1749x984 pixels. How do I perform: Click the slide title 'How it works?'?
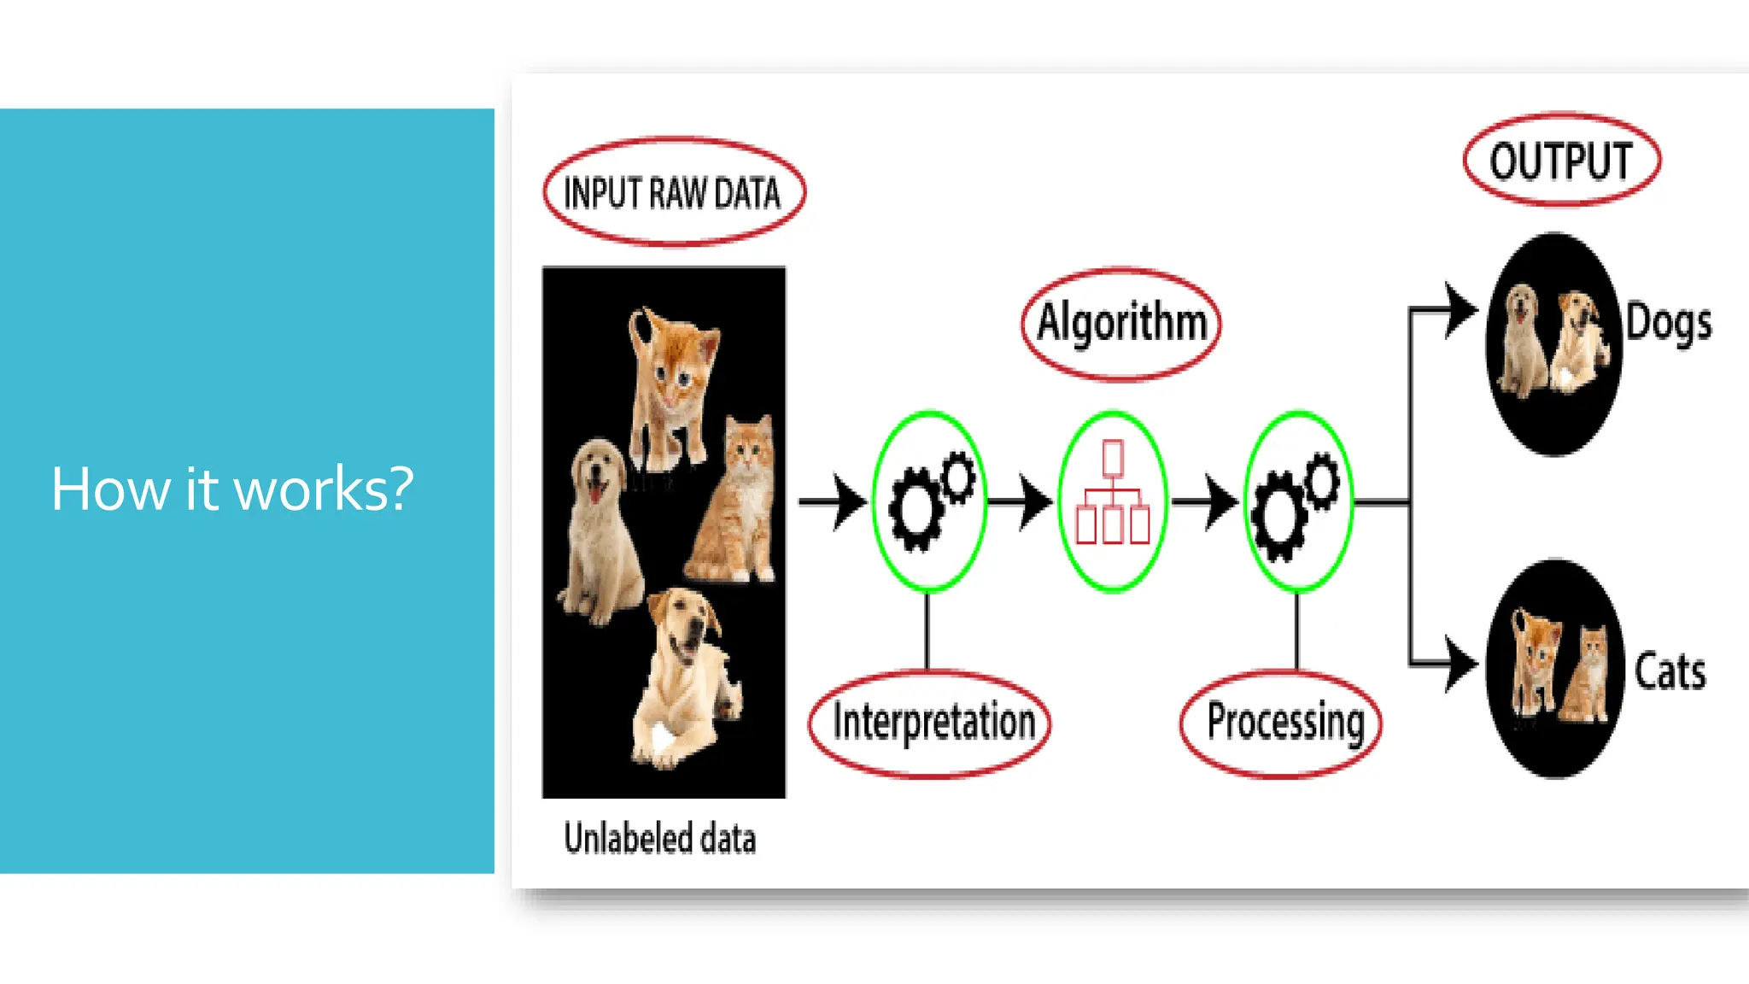pos(232,489)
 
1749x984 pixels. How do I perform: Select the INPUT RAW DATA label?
pos(672,193)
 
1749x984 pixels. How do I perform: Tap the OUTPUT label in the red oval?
pos(1561,161)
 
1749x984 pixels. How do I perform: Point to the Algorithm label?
pos(1121,323)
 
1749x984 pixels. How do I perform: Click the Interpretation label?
pos(933,723)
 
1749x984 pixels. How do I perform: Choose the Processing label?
pos(1284,723)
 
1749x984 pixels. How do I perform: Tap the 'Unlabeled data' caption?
pos(660,839)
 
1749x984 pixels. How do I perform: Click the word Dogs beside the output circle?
pos(1669,323)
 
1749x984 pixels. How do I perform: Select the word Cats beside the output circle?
pos(1670,671)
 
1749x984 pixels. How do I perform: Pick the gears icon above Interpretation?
pos(930,501)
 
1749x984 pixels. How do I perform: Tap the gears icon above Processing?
pos(1296,501)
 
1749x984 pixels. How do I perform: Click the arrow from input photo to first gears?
pos(833,502)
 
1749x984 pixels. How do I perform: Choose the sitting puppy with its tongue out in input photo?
pos(600,530)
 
